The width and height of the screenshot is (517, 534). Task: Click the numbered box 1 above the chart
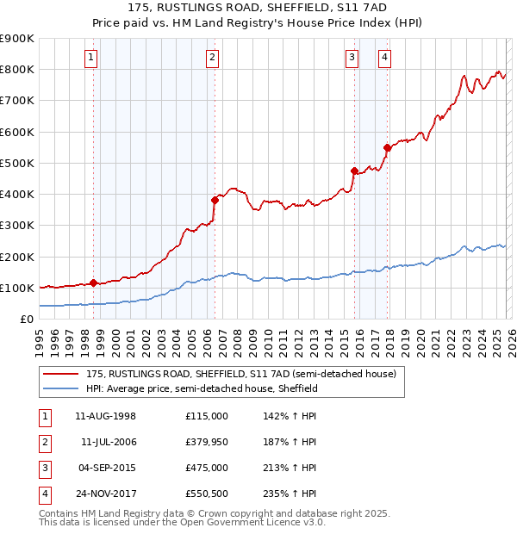(x=91, y=58)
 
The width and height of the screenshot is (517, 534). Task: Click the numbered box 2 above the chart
(x=212, y=58)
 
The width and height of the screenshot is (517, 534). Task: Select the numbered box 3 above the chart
(x=352, y=58)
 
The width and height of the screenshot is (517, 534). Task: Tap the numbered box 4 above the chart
(x=384, y=58)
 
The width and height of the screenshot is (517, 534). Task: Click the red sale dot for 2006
(x=215, y=200)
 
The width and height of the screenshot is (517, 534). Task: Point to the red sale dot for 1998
(x=93, y=283)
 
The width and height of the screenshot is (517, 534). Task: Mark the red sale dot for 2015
(x=354, y=171)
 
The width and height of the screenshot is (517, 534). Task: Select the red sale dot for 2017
(x=388, y=147)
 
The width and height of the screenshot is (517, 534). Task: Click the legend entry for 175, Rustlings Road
(x=240, y=374)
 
